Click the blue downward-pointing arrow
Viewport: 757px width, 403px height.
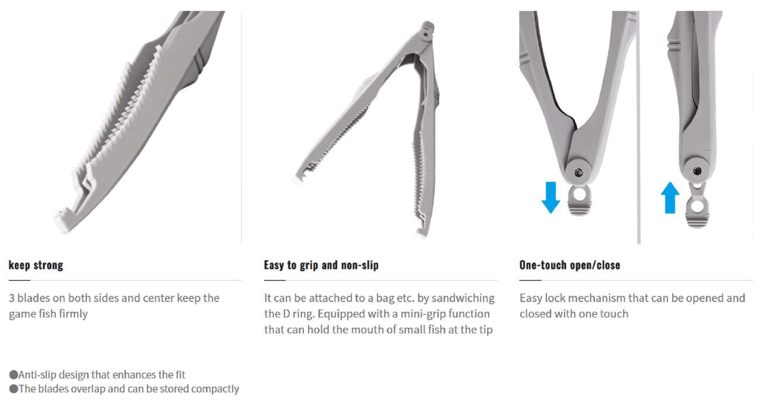550,197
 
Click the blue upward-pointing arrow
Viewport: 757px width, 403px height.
670,198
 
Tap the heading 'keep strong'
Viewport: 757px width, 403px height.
36,265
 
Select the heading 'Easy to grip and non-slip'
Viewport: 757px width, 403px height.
321,265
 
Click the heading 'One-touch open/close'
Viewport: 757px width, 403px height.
569,265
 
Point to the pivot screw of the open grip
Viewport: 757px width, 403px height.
578,173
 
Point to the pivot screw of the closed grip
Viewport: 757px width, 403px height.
697,171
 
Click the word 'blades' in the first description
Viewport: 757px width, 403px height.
33,298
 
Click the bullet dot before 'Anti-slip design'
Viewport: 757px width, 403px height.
14,375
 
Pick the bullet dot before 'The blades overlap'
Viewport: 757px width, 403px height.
14,389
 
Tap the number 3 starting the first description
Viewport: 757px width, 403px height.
12,298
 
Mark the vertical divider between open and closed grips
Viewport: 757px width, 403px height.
639,129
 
